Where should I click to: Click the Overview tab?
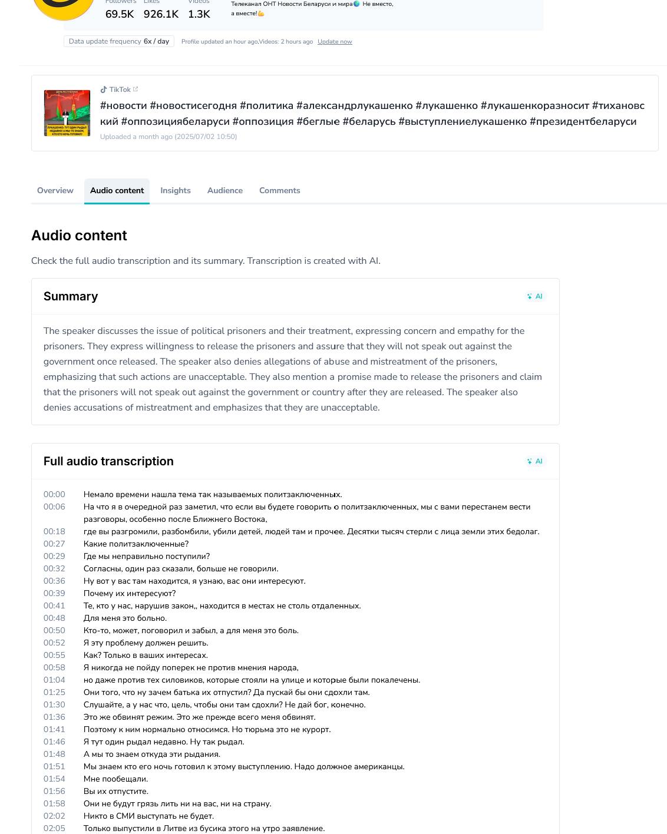click(55, 191)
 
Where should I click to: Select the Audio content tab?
click(117, 191)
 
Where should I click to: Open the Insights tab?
click(176, 191)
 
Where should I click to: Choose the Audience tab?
click(225, 191)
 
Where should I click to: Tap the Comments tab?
click(280, 191)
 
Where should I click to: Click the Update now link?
click(335, 42)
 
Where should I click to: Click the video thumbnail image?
click(67, 113)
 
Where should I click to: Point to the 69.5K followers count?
click(120, 14)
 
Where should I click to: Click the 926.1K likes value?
click(161, 14)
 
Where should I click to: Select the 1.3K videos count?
click(199, 14)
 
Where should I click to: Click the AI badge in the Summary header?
click(535, 296)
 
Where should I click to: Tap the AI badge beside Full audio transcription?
click(535, 461)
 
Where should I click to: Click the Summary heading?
click(71, 296)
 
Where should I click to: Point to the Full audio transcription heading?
click(108, 461)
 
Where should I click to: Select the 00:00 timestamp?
click(54, 495)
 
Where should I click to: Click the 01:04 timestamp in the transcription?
click(54, 680)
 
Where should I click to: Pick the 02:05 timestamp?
click(54, 829)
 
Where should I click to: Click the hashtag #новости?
click(124, 106)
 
